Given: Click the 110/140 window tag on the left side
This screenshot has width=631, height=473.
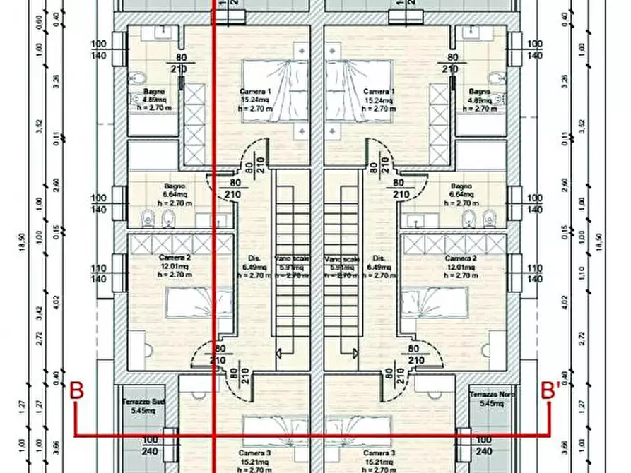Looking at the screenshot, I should pyautogui.click(x=100, y=274).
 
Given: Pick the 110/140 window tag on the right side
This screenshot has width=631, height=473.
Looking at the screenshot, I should pyautogui.click(x=534, y=274).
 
